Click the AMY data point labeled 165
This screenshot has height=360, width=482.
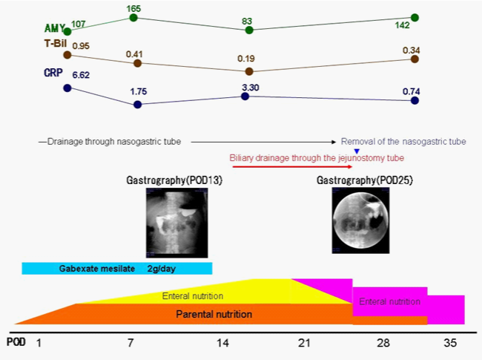pyautogui.click(x=133, y=17)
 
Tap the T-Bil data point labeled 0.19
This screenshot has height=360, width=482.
pyautogui.click(x=249, y=71)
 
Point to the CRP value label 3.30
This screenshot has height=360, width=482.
pyautogui.click(x=249, y=87)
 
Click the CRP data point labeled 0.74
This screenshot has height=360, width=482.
pyautogui.click(x=415, y=100)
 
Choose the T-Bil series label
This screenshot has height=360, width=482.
pyautogui.click(x=54, y=45)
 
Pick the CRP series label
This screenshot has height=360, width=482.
pyautogui.click(x=54, y=73)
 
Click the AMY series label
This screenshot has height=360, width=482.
pyautogui.click(x=54, y=27)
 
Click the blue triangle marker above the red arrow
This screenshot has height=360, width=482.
pyautogui.click(x=357, y=151)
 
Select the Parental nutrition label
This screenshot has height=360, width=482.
pyautogui.click(x=214, y=314)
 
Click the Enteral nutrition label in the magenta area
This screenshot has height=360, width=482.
pyautogui.click(x=389, y=301)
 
